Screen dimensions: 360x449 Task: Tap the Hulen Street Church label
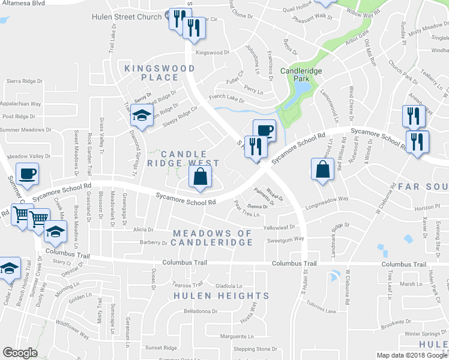pos(127,17)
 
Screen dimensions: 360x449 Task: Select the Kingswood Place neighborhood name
pos(151,73)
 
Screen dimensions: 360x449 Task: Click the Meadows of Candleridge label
pos(212,237)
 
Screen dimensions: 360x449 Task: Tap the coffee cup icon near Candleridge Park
pos(264,130)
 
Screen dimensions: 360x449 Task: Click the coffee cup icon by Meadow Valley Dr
pos(27,174)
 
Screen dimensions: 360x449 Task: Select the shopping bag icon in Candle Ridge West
pos(200,176)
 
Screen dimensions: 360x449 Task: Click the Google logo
pos(20,353)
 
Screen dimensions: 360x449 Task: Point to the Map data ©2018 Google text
pos(412,355)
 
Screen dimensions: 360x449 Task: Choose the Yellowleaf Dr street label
pos(283,228)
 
